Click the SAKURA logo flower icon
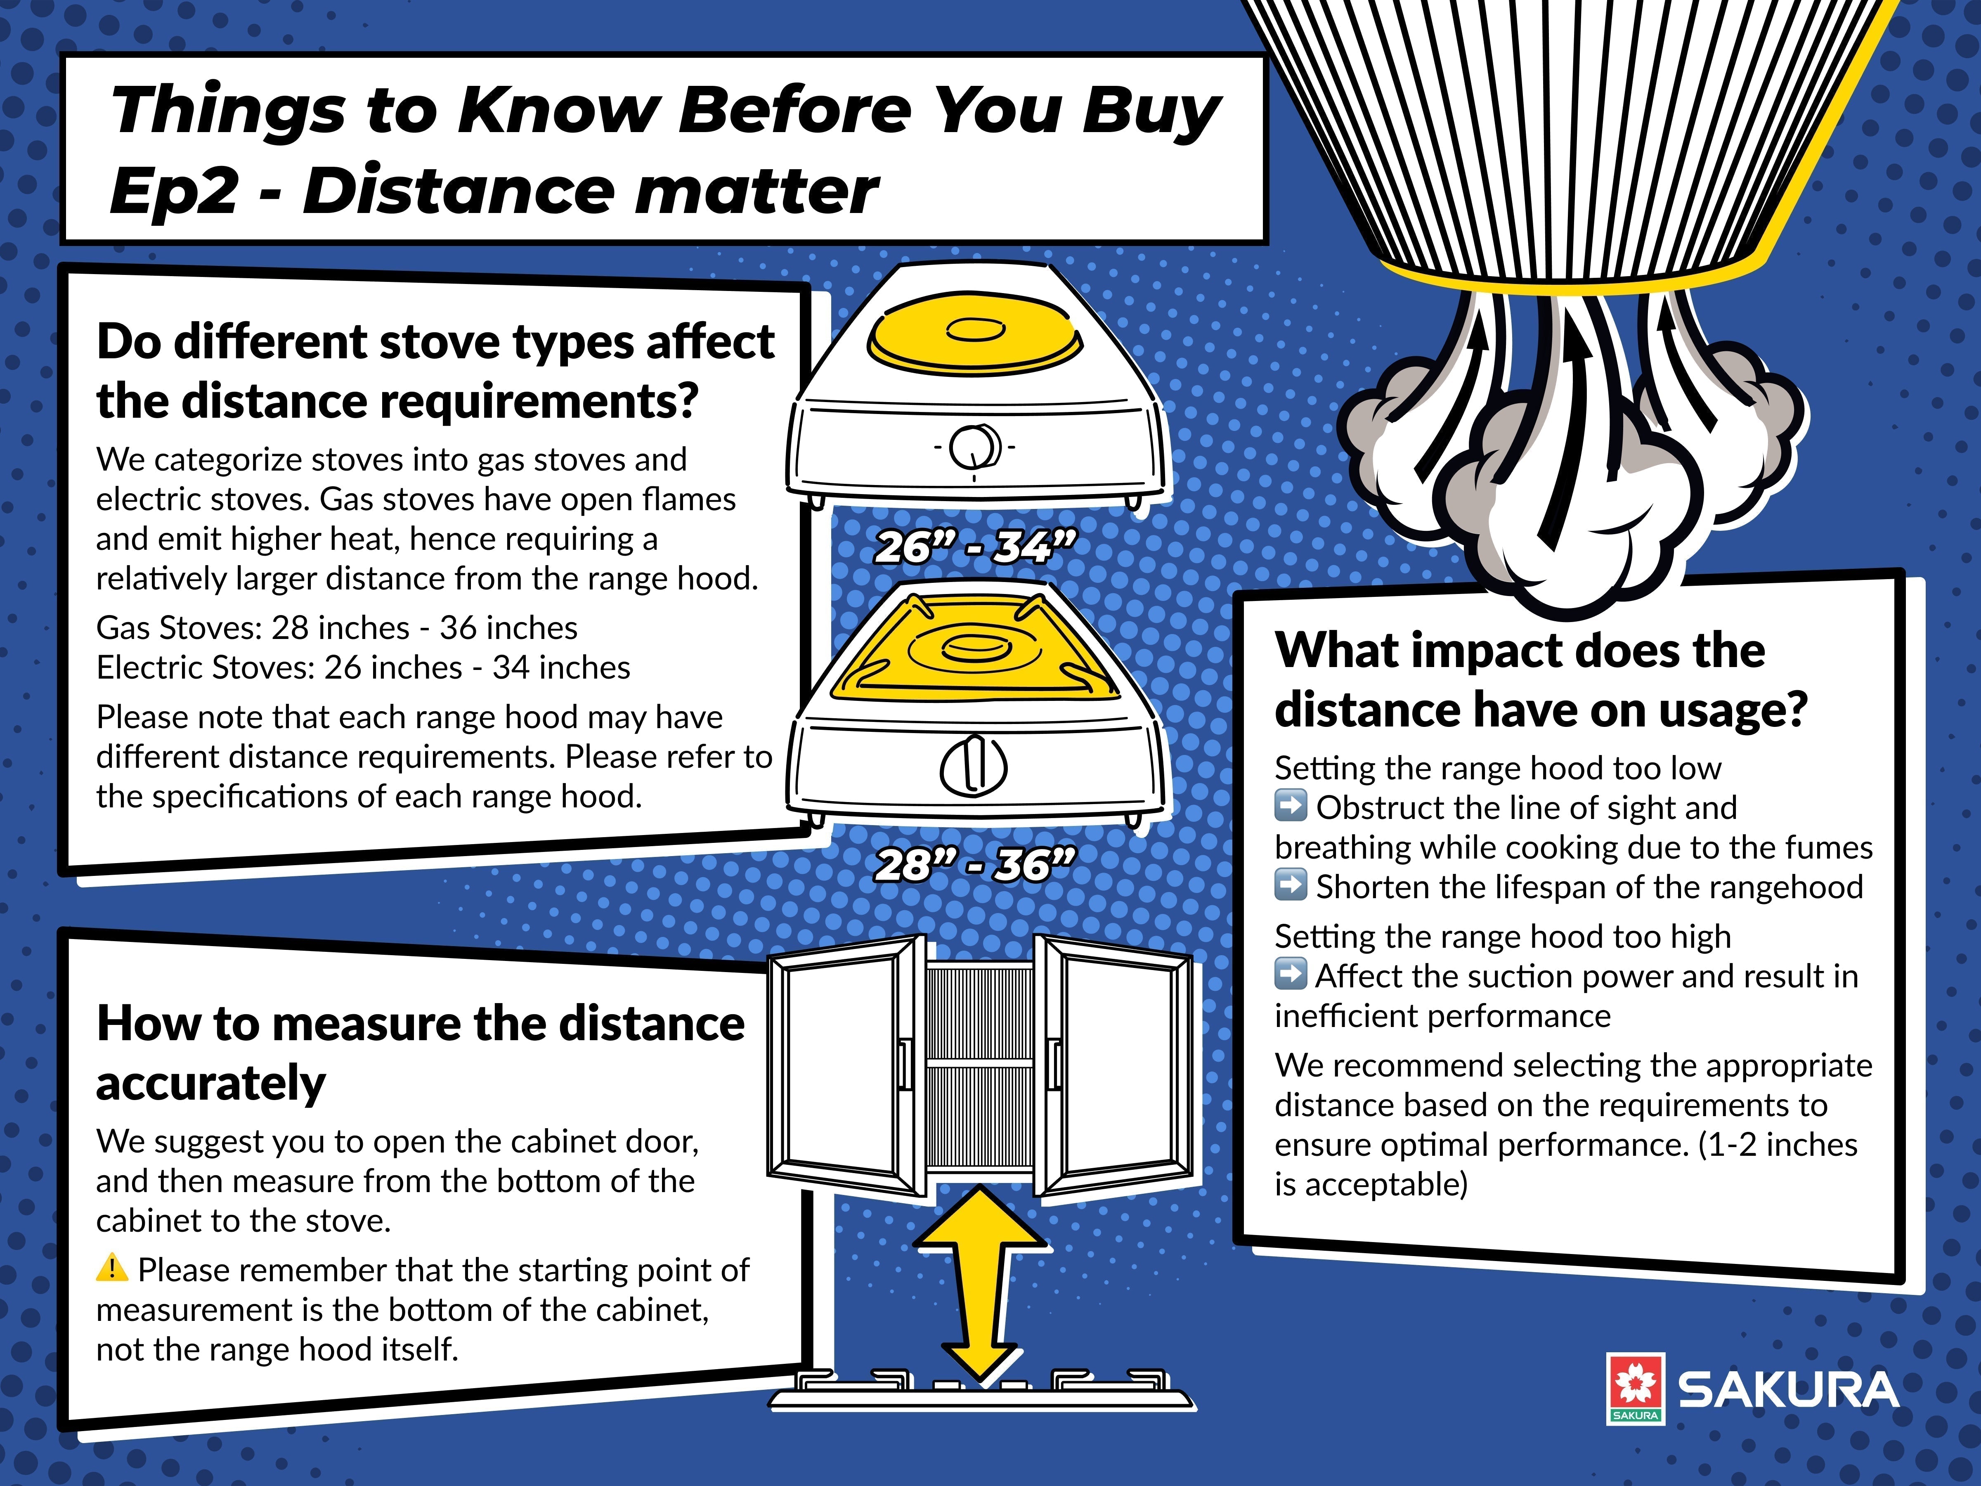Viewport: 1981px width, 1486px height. pyautogui.click(x=1634, y=1384)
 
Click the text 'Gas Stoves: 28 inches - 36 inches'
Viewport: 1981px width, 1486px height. pyautogui.click(x=337, y=627)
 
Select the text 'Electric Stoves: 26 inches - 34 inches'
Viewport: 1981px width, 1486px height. pyautogui.click(x=363, y=667)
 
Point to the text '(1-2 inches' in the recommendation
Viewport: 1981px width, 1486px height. pyautogui.click(x=1778, y=1145)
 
